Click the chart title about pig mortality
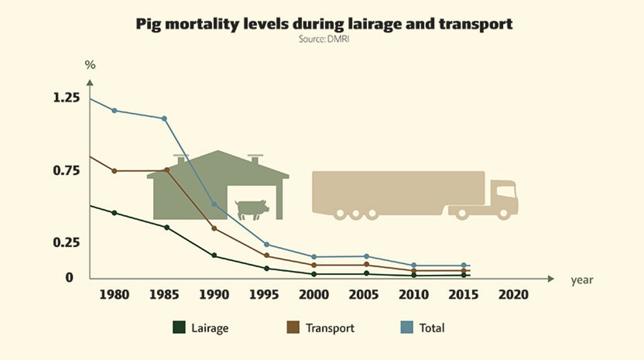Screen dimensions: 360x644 324,24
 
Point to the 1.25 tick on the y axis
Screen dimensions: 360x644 66,98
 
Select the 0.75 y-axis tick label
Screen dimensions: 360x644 66,170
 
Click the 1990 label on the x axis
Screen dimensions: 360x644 214,295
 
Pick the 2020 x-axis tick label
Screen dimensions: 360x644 513,295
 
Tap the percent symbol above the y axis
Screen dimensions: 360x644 90,65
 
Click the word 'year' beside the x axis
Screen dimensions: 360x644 582,280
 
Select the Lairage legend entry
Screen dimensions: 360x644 201,328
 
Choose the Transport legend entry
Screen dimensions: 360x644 321,328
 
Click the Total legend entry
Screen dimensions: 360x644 423,328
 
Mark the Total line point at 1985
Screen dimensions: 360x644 164,119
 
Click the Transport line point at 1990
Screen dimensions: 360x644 214,228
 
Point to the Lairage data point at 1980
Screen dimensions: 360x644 114,213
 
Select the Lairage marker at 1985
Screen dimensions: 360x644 166,228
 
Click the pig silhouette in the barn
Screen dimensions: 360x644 252,209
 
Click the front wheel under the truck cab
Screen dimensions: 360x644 504,214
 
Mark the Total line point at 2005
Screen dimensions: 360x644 366,257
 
